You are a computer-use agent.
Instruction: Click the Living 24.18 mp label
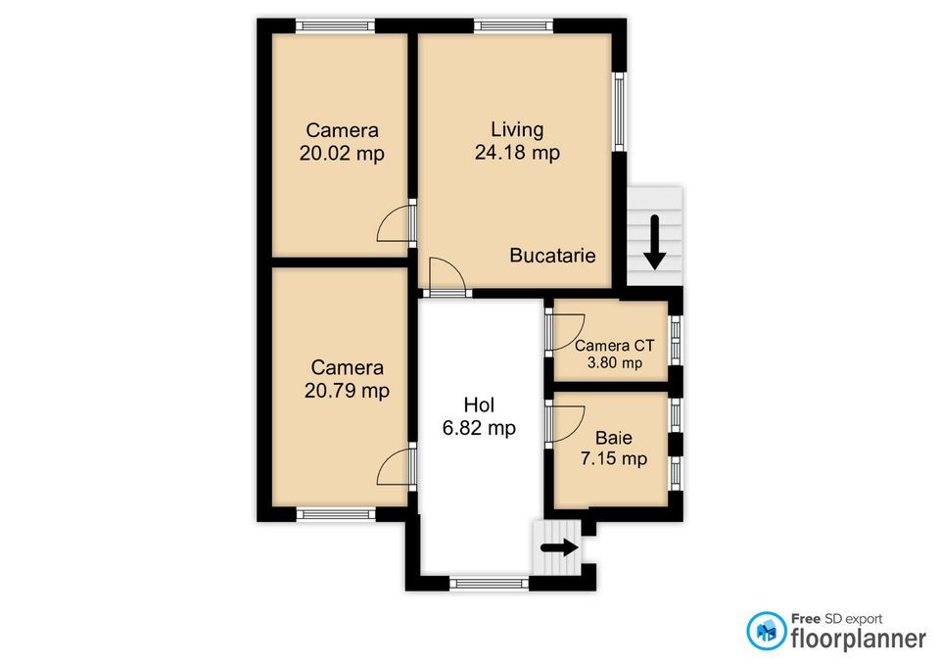click(517, 141)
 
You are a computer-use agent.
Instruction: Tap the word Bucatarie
click(552, 256)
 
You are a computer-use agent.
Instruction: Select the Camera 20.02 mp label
click(342, 141)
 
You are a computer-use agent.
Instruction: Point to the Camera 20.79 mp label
click(348, 379)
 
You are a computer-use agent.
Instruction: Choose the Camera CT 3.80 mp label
click(614, 354)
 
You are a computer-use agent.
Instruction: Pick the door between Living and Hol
click(446, 276)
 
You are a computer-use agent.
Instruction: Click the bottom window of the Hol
click(490, 584)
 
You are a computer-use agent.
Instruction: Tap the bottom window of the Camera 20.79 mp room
click(336, 513)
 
